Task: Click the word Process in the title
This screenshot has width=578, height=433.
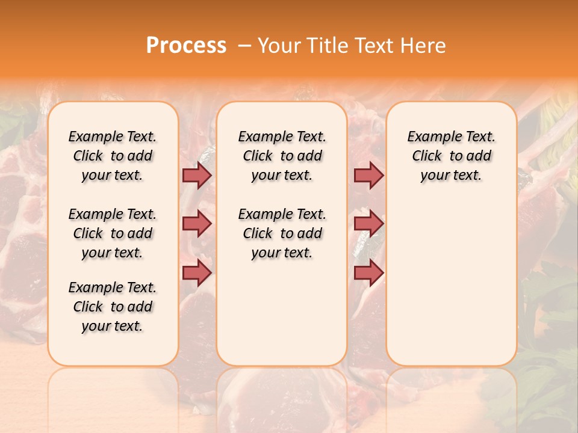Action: pos(186,46)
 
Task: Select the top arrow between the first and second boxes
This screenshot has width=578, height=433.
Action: pos(196,175)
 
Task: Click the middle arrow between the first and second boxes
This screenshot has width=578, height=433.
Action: pos(196,224)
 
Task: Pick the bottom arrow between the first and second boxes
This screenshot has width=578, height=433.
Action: pos(196,273)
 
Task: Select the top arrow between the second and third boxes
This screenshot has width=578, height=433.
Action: pos(368,175)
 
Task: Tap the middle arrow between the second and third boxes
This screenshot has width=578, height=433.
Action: pos(368,224)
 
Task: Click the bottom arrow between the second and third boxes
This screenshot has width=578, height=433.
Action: pos(368,273)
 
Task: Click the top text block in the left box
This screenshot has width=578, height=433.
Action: pos(113,156)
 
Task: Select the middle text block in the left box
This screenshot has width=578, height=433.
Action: pos(113,233)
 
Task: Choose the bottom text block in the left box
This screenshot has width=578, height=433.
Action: pos(113,307)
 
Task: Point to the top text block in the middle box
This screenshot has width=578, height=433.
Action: pos(282,156)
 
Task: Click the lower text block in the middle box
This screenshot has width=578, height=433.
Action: pos(282,233)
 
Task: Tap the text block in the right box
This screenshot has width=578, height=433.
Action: pos(451,156)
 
